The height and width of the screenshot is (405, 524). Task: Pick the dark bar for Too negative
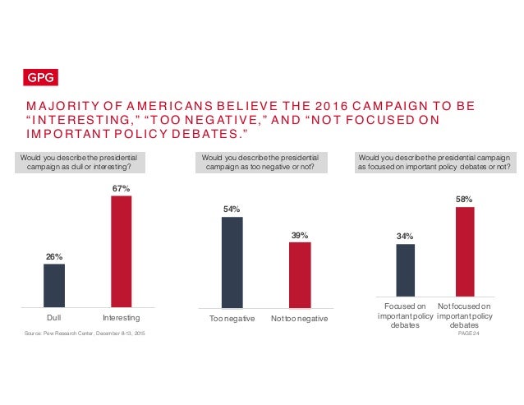[232, 260]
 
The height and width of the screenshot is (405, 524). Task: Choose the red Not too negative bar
[300, 273]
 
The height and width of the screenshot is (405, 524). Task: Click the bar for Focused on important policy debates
[405, 269]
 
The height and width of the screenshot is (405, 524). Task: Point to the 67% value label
[122, 188]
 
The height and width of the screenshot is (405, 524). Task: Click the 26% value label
[54, 256]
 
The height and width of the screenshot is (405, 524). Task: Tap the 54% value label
[232, 209]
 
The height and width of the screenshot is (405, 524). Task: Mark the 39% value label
[300, 235]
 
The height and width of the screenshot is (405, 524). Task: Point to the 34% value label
[405, 237]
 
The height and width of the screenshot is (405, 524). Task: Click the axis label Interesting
[122, 316]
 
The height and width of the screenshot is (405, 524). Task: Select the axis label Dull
[54, 316]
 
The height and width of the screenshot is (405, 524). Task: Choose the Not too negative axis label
[300, 318]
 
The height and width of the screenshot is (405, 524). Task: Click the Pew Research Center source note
[86, 333]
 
